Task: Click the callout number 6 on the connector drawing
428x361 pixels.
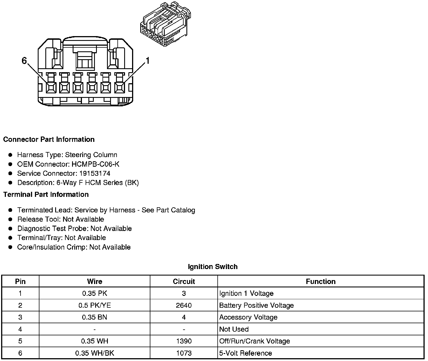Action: (24, 61)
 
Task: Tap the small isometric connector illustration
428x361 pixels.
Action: (165, 25)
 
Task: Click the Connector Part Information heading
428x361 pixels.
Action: (49, 140)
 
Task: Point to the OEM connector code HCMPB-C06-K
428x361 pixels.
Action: (95, 164)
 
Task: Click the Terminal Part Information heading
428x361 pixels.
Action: (46, 195)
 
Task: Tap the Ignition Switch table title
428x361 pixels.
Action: (213, 267)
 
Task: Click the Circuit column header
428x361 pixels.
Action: (184, 281)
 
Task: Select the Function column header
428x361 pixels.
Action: (321, 281)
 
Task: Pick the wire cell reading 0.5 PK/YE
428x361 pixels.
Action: (95, 305)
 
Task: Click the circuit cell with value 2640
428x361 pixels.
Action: (184, 305)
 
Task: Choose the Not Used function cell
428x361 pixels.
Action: (234, 329)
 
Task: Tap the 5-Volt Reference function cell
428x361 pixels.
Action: (246, 353)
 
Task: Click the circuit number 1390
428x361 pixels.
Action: (184, 341)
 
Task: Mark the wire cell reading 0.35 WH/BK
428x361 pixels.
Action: (95, 353)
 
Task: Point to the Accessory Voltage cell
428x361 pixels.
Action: (248, 317)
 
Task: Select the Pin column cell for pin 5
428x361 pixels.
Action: (20, 341)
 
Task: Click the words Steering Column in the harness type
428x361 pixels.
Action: (91, 155)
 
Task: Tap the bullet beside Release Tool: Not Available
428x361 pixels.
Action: (10, 219)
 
